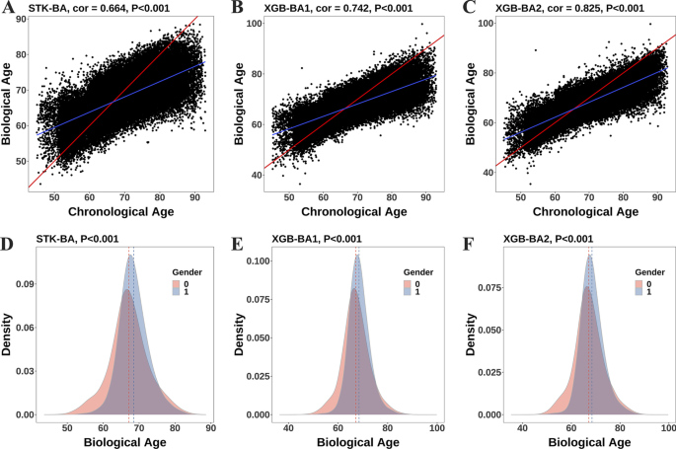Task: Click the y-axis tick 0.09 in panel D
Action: [29, 283]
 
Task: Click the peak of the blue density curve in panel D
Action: [130, 256]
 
